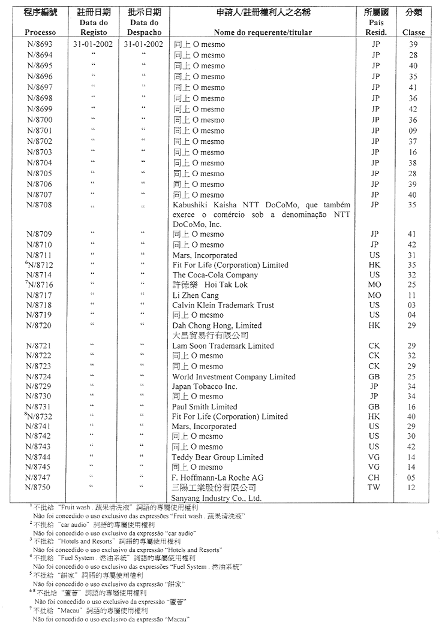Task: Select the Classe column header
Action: pyautogui.click(x=413, y=32)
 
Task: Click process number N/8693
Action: pyautogui.click(x=40, y=44)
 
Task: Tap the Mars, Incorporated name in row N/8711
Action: pyautogui.click(x=205, y=255)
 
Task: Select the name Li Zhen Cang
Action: pyautogui.click(x=196, y=295)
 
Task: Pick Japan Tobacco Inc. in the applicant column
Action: pyautogui.click(x=205, y=387)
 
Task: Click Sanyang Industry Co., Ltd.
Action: pyautogui.click(x=217, y=498)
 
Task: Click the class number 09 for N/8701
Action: pyautogui.click(x=413, y=131)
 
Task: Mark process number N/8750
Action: pyautogui.click(x=40, y=488)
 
